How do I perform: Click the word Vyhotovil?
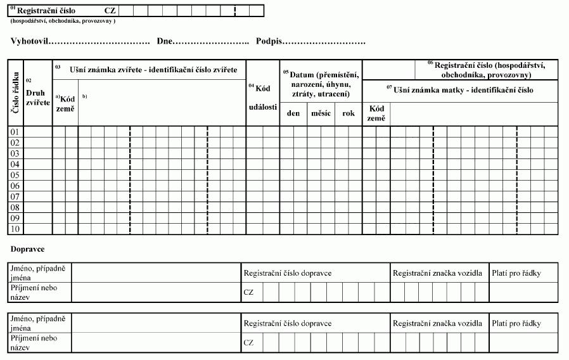pyautogui.click(x=29, y=41)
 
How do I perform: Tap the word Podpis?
pyautogui.click(x=269, y=41)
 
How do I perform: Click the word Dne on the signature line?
pyautogui.click(x=165, y=41)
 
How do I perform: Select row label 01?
pyautogui.click(x=16, y=132)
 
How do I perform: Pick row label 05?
pyautogui.click(x=16, y=175)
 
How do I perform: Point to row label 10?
pyautogui.click(x=16, y=229)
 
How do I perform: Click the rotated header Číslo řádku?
pyautogui.click(x=15, y=93)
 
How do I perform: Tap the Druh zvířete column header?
pyautogui.click(x=37, y=97)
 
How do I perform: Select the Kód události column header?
pyautogui.click(x=263, y=98)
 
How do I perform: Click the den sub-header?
pyautogui.click(x=293, y=113)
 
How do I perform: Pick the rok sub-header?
pyautogui.click(x=348, y=113)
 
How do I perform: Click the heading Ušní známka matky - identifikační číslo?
pyautogui.click(x=463, y=90)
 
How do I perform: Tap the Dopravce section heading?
pyautogui.click(x=28, y=249)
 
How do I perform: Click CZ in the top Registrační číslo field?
pyautogui.click(x=110, y=11)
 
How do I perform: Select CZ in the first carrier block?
pyautogui.click(x=248, y=292)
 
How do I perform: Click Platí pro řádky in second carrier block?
pyautogui.click(x=516, y=323)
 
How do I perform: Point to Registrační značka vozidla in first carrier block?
pyautogui.click(x=438, y=273)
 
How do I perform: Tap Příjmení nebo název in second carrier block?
pyautogui.click(x=33, y=342)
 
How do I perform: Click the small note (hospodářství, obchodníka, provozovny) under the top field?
pyautogui.click(x=63, y=21)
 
